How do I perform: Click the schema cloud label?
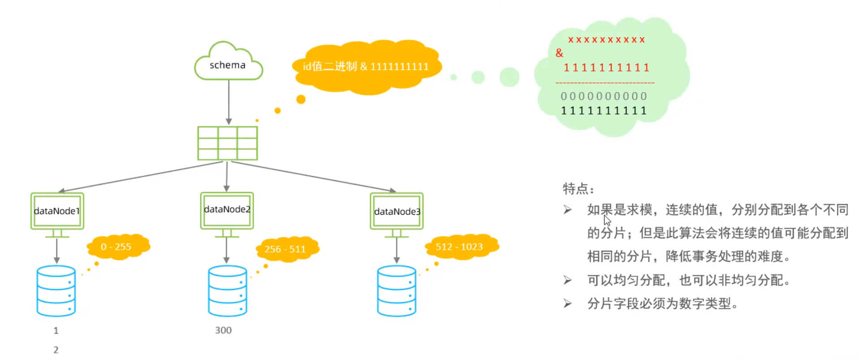coord(228,65)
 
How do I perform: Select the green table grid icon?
coord(228,143)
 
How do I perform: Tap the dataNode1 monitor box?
coord(57,211)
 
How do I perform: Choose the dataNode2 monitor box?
coord(227,210)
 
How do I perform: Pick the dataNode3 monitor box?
coord(397,211)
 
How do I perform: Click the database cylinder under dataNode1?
coord(56,291)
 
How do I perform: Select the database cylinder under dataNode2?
coord(228,291)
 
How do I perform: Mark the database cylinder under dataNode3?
coord(397,291)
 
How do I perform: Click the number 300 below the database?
coord(223,330)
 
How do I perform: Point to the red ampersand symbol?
coord(559,53)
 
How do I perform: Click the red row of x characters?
coord(606,40)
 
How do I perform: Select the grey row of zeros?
coord(604,96)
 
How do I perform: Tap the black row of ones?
coord(604,111)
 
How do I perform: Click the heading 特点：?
coord(578,188)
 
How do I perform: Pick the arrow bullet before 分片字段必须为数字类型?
coord(568,304)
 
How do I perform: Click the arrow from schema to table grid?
coord(229,102)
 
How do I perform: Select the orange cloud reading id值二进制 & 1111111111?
coord(367,67)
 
